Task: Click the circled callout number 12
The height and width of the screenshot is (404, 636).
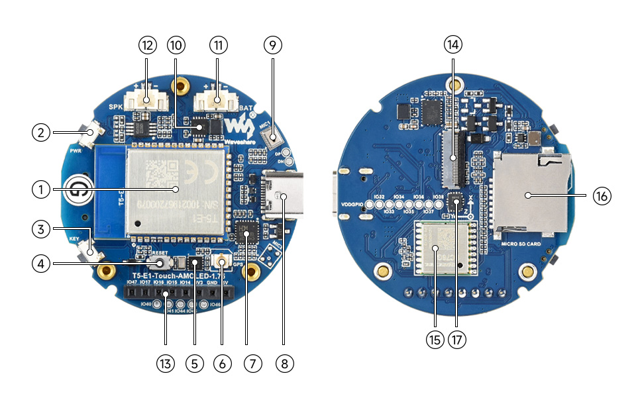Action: pyautogui.click(x=147, y=45)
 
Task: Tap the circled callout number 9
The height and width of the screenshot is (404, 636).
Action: pyautogui.click(x=272, y=45)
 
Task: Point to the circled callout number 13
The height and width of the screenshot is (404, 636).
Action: pyautogui.click(x=165, y=363)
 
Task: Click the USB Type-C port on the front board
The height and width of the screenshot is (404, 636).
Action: pyautogui.click(x=284, y=195)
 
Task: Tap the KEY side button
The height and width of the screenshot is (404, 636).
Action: pyautogui.click(x=89, y=251)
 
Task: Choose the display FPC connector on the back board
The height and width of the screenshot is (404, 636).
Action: pyautogui.click(x=454, y=158)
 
